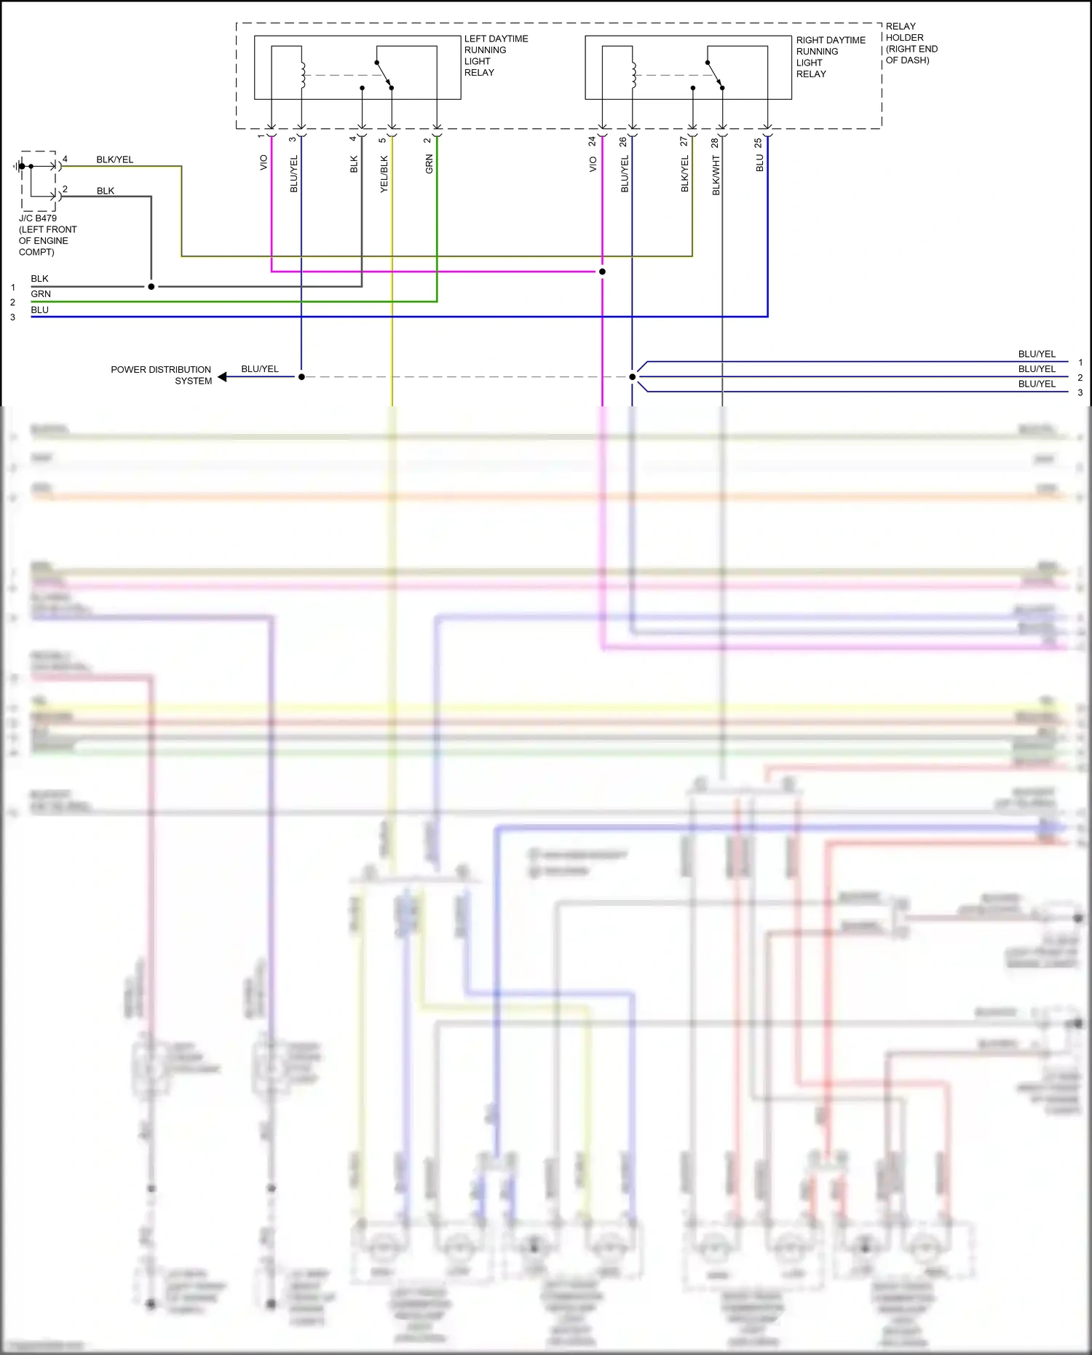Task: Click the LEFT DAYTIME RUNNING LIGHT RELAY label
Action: click(496, 55)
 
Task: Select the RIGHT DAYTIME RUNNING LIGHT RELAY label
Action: click(830, 57)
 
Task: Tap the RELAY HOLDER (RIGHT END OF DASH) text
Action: click(911, 43)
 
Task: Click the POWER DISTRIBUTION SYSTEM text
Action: click(161, 375)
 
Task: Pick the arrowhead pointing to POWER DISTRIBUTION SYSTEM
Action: click(223, 377)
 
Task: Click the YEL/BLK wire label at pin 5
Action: click(384, 174)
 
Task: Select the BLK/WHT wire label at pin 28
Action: click(716, 175)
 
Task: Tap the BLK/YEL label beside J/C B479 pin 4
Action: click(115, 159)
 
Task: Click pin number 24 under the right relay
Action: click(592, 141)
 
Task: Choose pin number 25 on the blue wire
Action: click(758, 143)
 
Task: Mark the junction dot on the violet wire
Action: click(602, 272)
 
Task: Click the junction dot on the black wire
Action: click(151, 287)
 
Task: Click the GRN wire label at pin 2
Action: click(430, 164)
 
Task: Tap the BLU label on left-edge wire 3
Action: click(40, 310)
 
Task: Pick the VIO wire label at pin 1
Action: click(264, 162)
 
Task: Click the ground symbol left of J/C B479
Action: click(17, 167)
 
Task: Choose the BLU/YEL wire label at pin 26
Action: click(625, 174)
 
